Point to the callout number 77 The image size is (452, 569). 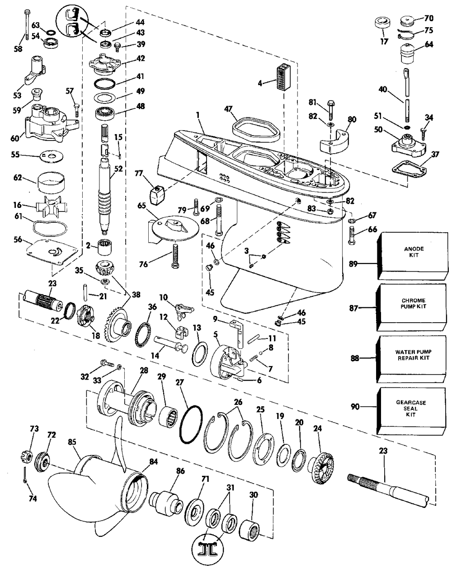(x=139, y=173)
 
